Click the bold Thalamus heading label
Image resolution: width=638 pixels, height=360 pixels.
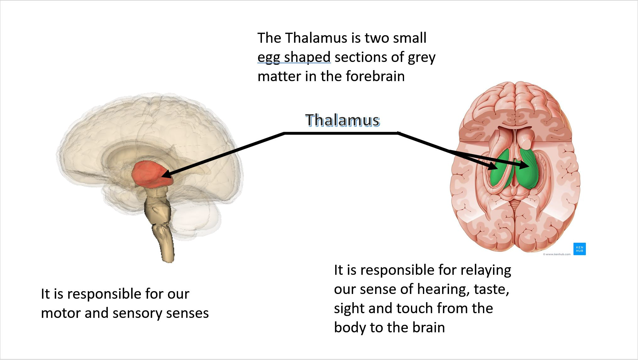point(342,120)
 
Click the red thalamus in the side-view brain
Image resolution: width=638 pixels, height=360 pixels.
point(148,174)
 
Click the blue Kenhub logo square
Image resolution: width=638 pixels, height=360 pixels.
point(579,249)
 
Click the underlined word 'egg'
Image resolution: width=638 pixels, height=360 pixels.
point(269,57)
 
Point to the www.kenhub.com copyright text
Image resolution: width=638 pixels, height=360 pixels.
point(557,254)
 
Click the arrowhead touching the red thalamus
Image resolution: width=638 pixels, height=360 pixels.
point(166,175)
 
